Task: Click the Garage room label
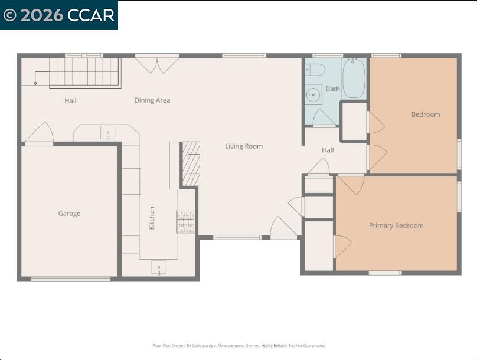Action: [x=69, y=214]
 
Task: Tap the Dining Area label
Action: [x=152, y=100]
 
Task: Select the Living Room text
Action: [x=244, y=146]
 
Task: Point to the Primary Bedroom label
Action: [x=396, y=225]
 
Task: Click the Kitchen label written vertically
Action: [x=152, y=218]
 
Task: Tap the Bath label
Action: [x=333, y=89]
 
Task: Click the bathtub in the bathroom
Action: [x=354, y=78]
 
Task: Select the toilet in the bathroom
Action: [x=315, y=70]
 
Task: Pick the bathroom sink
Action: [x=313, y=94]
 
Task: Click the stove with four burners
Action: [x=185, y=222]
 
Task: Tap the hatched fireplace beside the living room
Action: [x=191, y=164]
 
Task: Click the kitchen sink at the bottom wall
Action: [x=159, y=267]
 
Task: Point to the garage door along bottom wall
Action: [x=70, y=279]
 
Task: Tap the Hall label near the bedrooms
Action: [x=328, y=150]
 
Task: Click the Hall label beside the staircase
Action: [x=70, y=100]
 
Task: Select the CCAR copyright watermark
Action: [x=59, y=15]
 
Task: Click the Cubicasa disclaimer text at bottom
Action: [x=238, y=346]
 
